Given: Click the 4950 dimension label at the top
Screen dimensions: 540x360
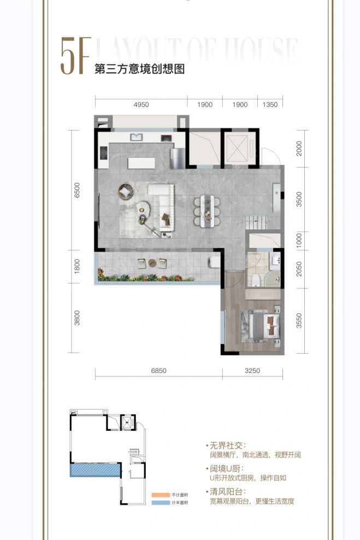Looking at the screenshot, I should click(141, 104).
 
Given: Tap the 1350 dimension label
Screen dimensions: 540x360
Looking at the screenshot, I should click(270, 104).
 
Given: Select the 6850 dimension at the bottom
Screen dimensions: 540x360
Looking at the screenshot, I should click(158, 371).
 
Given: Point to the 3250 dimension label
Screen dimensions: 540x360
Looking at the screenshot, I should click(252, 371).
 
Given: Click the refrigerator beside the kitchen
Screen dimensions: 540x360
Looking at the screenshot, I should click(178, 158).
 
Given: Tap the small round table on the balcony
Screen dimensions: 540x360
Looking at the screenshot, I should click(152, 263).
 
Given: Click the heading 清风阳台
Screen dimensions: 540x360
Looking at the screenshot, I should click(225, 491).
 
